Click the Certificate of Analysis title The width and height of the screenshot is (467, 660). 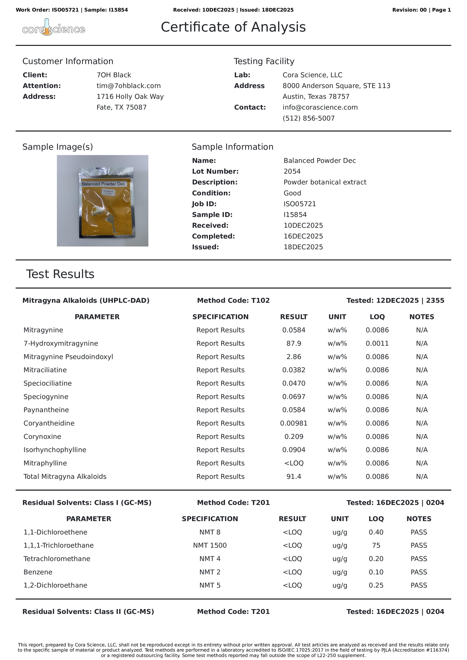coord(233,27)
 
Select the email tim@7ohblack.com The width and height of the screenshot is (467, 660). coord(129,86)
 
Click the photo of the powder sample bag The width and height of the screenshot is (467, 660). coord(103,201)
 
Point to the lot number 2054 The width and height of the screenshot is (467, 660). coord(292,171)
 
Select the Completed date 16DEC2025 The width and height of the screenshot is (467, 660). coord(303,236)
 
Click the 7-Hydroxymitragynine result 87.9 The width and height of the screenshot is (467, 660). coord(293,343)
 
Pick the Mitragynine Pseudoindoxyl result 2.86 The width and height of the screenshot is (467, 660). coord(293,357)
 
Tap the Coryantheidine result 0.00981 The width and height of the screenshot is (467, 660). coord(293,423)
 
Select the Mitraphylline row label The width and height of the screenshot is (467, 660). coord(45,463)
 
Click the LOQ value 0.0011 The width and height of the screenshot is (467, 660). coord(377,343)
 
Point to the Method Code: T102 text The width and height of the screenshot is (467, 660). coord(233,300)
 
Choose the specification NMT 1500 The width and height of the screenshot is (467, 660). coord(210,545)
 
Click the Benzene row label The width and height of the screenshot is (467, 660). coord(38,572)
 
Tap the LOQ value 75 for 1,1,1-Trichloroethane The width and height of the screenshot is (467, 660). coord(376,545)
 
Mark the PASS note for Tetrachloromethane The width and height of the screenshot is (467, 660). coord(419,559)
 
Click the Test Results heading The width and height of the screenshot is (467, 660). coord(60,274)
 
